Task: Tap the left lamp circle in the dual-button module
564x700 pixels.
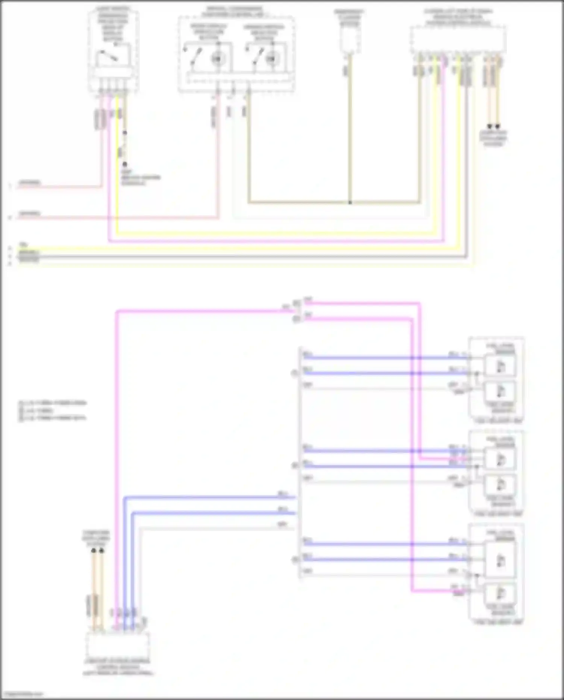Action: pyautogui.click(x=217, y=58)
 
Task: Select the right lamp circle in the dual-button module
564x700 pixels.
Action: pyautogui.click(x=272, y=58)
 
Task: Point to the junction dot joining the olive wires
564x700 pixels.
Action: pyautogui.click(x=350, y=202)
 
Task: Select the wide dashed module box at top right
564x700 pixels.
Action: pyautogui.click(x=458, y=40)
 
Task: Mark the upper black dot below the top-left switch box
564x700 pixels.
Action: pyautogui.click(x=125, y=133)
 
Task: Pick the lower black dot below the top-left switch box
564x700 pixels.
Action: pyautogui.click(x=125, y=164)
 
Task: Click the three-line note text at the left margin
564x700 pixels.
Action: pyautogui.click(x=53, y=410)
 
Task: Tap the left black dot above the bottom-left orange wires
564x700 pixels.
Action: pyautogui.click(x=94, y=551)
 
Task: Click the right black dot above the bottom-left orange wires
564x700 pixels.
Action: pyautogui.click(x=102, y=551)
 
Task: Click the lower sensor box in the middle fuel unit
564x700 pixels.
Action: pyautogui.click(x=500, y=485)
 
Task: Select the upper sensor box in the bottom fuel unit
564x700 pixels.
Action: pyautogui.click(x=500, y=560)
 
